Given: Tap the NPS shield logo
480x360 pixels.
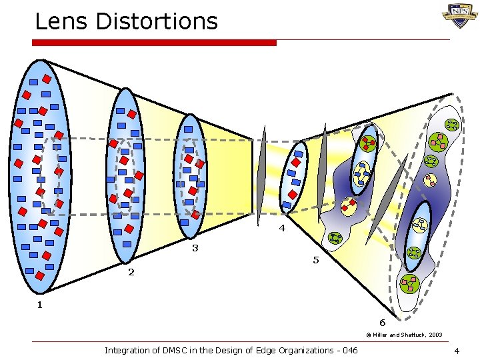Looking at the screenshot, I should (x=459, y=15).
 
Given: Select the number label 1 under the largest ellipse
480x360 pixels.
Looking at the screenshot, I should (x=39, y=305).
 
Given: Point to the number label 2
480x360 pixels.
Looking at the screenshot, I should (x=131, y=272).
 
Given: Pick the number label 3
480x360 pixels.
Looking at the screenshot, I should (x=195, y=248).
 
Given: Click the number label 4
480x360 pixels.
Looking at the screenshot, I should (x=282, y=228).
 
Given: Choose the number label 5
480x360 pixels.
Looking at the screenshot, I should (x=316, y=260).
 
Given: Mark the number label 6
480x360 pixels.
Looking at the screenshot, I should (x=382, y=323).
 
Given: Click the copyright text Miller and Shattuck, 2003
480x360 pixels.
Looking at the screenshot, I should (x=403, y=335).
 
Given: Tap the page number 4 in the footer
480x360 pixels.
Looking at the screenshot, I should (x=456, y=351).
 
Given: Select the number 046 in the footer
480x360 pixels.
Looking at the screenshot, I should (x=348, y=350).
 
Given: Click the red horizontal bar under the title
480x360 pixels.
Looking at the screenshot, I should (x=155, y=43).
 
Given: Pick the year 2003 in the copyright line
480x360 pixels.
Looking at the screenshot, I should (x=435, y=335).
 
